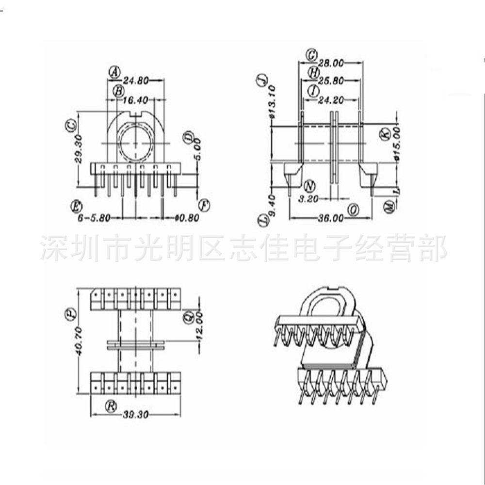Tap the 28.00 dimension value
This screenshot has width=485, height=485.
click(331, 62)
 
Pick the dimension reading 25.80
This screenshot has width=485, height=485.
click(331, 81)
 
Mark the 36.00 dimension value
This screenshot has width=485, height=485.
click(331, 218)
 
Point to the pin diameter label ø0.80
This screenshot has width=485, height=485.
click(187, 218)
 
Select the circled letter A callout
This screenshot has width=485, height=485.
click(114, 72)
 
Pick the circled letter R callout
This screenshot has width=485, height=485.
click(112, 405)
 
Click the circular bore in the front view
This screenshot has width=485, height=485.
click(135, 144)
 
